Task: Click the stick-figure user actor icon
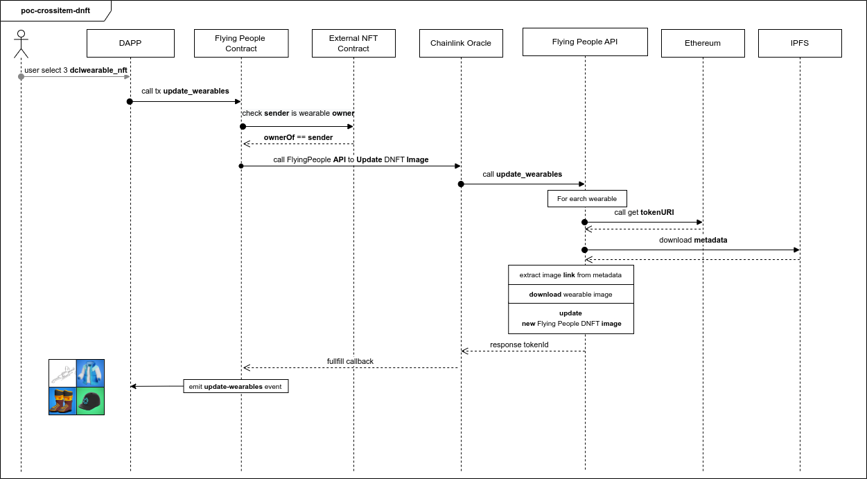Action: tap(21, 44)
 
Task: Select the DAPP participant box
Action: tap(130, 43)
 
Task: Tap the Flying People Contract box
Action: tap(240, 43)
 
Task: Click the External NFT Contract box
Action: tap(353, 43)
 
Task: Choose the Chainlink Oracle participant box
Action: tap(461, 43)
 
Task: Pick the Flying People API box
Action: tap(585, 42)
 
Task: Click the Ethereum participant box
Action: tap(702, 43)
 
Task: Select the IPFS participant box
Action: tap(800, 43)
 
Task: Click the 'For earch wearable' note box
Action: tap(586, 199)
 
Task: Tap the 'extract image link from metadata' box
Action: tap(570, 275)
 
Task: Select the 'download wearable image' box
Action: tap(570, 294)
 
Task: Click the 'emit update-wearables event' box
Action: tap(236, 387)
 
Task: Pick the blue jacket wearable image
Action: tap(90, 373)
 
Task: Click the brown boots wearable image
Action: tap(62, 401)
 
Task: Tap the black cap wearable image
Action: tap(90, 401)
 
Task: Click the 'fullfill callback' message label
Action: tap(350, 361)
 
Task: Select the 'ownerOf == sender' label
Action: tap(298, 137)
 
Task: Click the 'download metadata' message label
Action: tap(692, 240)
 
